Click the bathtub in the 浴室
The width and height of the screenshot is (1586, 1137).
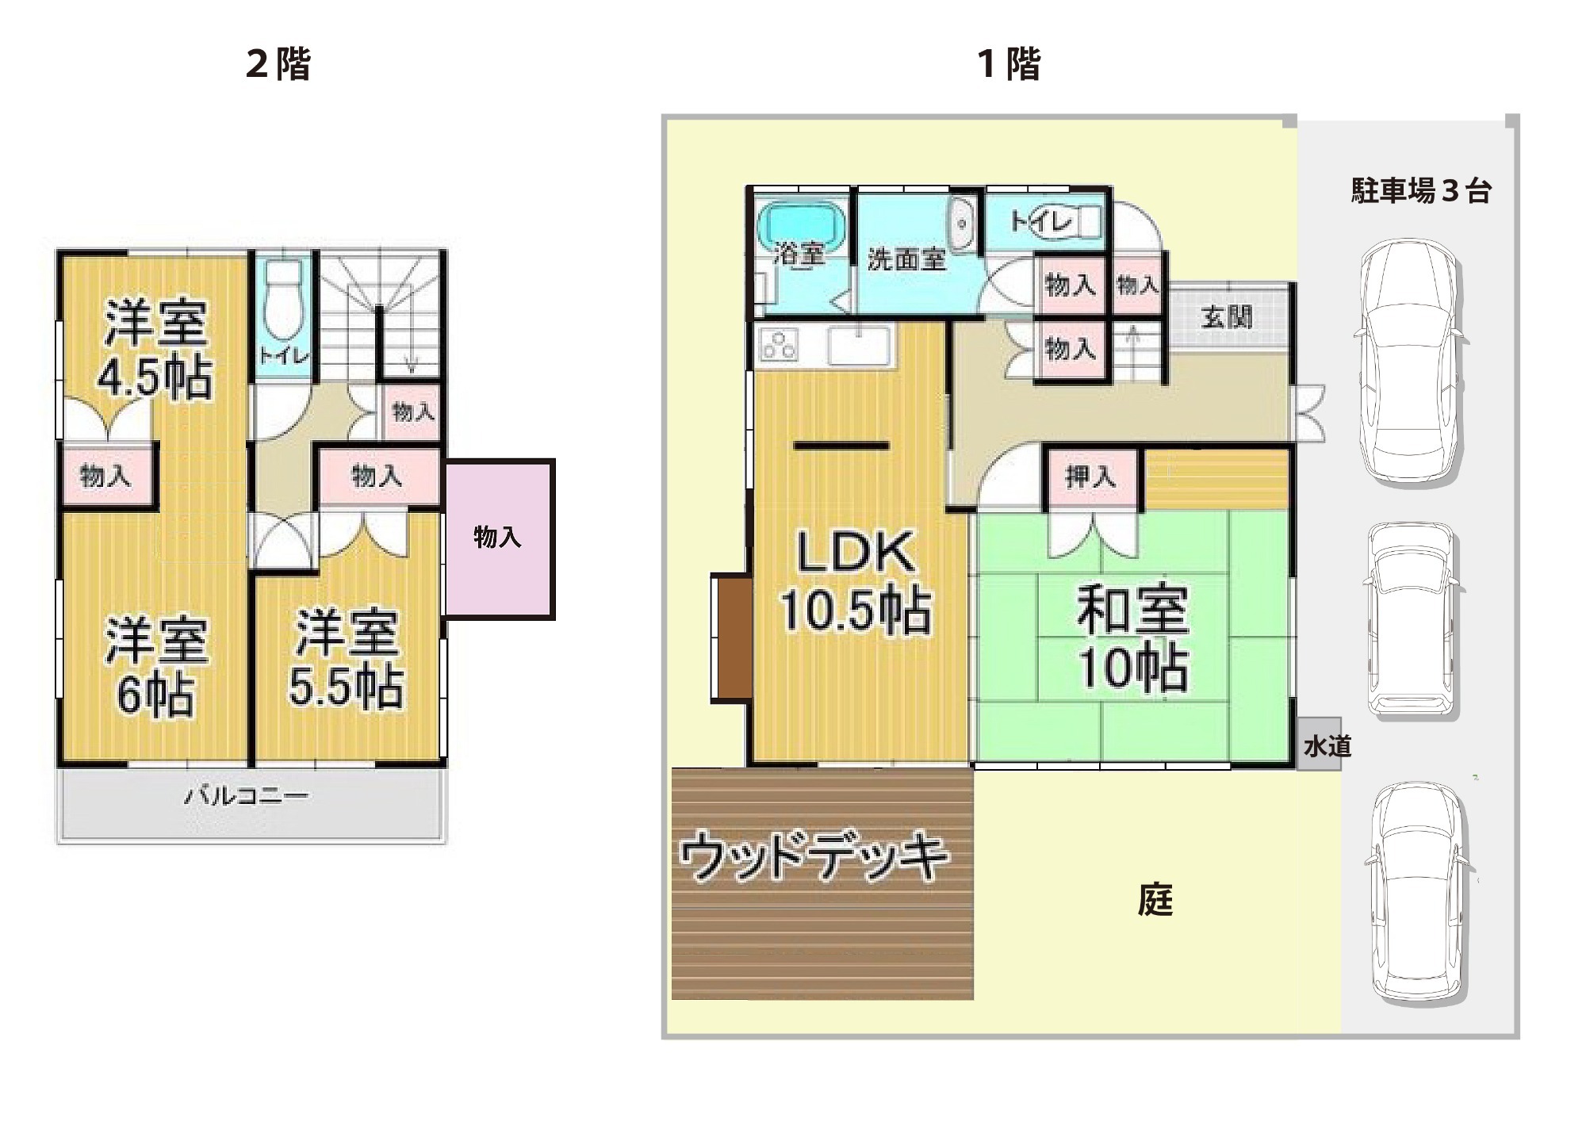coord(801,224)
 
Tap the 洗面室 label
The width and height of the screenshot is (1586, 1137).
coord(906,258)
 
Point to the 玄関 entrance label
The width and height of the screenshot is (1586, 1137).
coord(1226,317)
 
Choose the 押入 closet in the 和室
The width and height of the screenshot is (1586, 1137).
coord(1091,477)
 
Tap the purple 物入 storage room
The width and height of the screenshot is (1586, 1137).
coord(498,538)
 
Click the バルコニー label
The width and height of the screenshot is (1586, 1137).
coord(246,795)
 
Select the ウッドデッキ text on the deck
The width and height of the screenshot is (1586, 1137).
coord(814,856)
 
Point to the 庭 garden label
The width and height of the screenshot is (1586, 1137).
coord(1155,900)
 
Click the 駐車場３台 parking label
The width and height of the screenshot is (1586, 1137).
coord(1420,191)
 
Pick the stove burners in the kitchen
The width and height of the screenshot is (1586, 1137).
coord(779,345)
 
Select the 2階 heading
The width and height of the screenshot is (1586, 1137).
coord(278,63)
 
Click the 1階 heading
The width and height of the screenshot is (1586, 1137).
coord(1009,63)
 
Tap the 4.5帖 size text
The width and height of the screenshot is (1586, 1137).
coord(155,378)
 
